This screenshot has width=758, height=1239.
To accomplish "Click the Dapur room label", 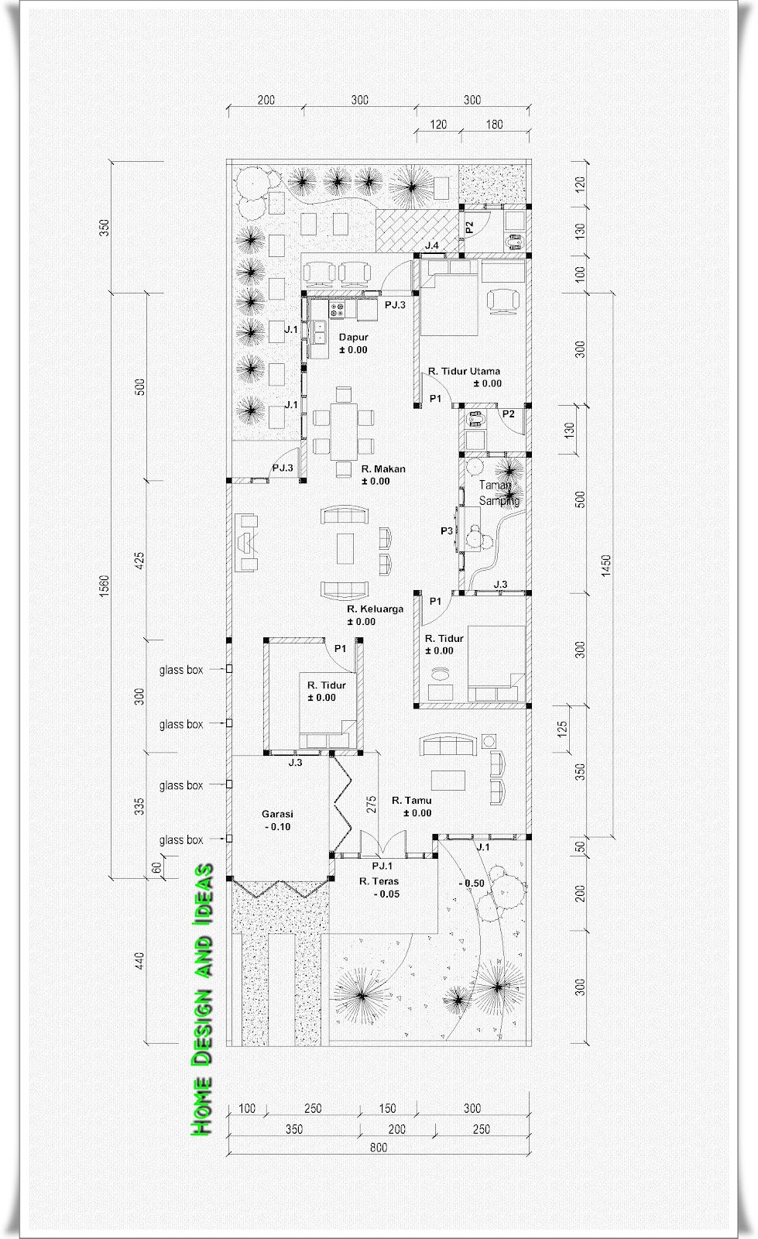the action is click(353, 337).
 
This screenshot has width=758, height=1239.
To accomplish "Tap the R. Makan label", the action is click(383, 468).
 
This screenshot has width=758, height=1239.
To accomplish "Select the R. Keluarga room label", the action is click(375, 609).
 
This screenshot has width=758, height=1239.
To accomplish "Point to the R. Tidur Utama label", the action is click(464, 371).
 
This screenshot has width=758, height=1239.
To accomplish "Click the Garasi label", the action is click(277, 814).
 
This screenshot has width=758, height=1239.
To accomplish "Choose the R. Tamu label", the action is click(411, 801).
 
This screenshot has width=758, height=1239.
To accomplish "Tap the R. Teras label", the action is click(379, 881).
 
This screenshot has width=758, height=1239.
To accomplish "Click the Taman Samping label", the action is click(499, 493).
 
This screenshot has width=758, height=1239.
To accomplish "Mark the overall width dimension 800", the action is click(379, 1148).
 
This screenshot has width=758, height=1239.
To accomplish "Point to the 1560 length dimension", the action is click(105, 585).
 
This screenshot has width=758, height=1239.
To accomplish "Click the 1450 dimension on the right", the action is click(606, 566).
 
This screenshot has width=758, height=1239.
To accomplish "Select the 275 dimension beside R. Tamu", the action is click(371, 804).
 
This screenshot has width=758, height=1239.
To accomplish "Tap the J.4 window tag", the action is click(432, 245).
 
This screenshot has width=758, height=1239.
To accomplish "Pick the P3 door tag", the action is click(447, 531).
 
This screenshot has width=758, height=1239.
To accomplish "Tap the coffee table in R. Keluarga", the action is click(345, 548).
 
